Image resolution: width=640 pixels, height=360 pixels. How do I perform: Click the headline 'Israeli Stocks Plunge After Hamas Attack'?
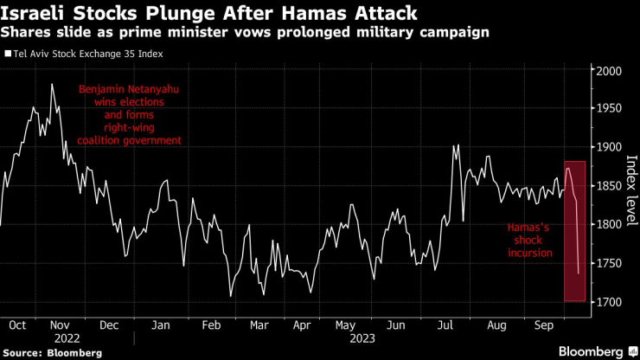pos(212,14)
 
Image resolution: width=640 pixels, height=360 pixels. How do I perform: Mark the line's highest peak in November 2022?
pos(52,84)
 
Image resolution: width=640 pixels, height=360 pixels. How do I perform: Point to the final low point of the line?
pos(578,273)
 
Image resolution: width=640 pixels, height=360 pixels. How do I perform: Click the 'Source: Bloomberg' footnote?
pos(51,352)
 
